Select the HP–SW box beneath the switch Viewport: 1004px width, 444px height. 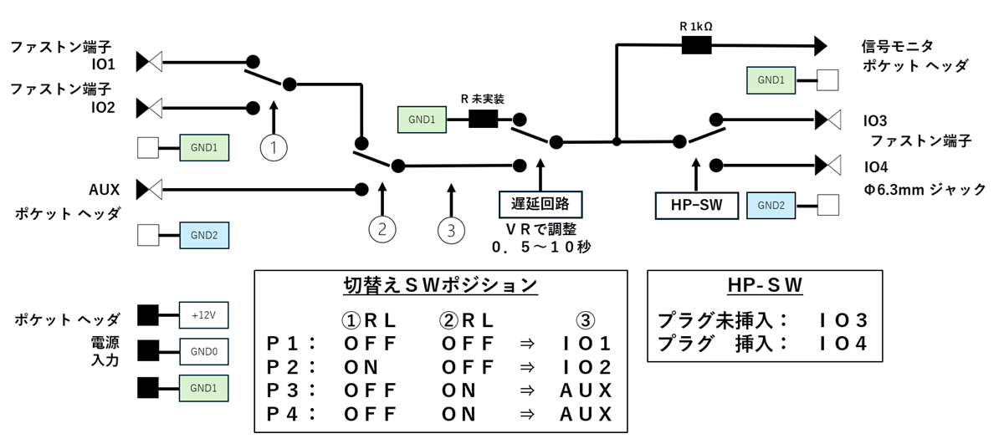pyautogui.click(x=694, y=204)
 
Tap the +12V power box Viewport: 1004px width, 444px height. pyautogui.click(x=204, y=316)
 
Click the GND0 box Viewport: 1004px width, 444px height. pyautogui.click(x=204, y=352)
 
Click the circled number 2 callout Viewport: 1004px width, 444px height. pyautogui.click(x=382, y=230)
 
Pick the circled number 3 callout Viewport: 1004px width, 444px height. pyautogui.click(x=452, y=230)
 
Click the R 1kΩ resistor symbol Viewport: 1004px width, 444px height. pyautogui.click(x=696, y=45)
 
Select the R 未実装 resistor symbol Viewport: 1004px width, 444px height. pyautogui.click(x=483, y=120)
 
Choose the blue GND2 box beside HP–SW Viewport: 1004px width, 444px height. pyautogui.click(x=771, y=204)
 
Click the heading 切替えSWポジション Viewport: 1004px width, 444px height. pyautogui.click(x=440, y=285)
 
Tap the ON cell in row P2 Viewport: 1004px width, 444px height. pyautogui.click(x=361, y=367)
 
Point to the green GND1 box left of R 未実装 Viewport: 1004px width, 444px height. pyautogui.click(x=422, y=120)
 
